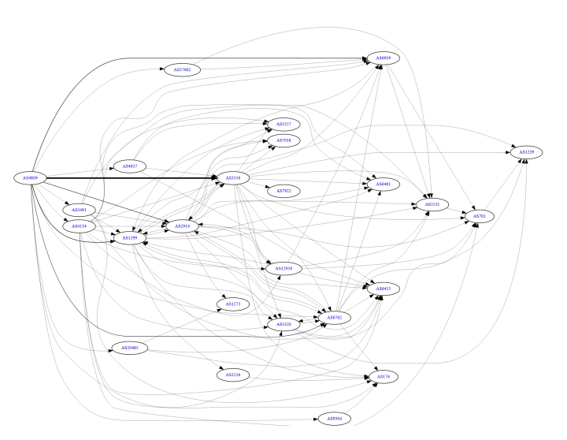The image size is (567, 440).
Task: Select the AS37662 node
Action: point(185,69)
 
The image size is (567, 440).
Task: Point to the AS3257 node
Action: point(283,125)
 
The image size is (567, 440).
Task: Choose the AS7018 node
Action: point(283,140)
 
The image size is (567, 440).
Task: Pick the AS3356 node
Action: point(233,178)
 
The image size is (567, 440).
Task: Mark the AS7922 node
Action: point(283,190)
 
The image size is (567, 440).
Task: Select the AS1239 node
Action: point(526,151)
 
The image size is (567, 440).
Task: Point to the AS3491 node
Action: point(79,211)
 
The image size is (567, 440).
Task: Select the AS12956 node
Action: point(284,268)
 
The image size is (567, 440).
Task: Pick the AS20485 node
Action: point(130,348)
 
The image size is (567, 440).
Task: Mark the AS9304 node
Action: point(334,419)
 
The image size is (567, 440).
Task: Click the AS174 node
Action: point(384,378)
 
